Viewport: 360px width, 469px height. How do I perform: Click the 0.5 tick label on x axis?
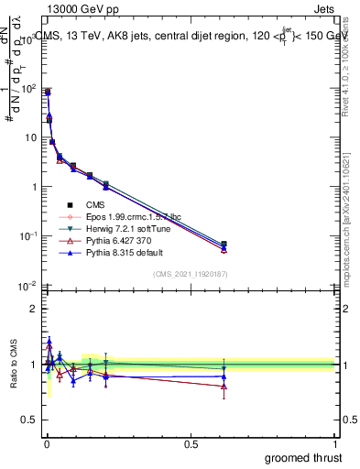(x=191, y=443)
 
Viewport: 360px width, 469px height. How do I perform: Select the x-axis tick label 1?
(x=336, y=443)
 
